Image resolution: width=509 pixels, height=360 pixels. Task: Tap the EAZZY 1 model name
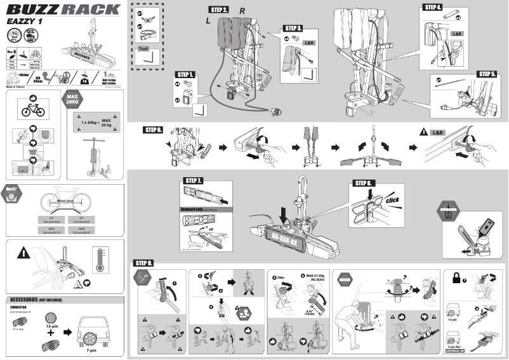tap(25, 21)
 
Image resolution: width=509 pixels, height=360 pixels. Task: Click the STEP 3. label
tap(293, 29)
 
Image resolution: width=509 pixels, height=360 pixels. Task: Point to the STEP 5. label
tap(487, 74)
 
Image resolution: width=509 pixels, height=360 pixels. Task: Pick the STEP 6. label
tap(154, 130)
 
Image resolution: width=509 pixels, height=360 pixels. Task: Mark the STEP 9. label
tap(144, 263)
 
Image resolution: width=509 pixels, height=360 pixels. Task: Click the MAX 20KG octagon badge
tap(72, 100)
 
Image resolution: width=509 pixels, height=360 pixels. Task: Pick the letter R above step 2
tap(242, 12)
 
